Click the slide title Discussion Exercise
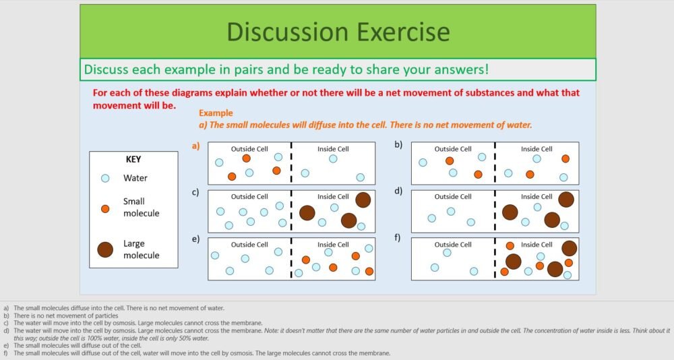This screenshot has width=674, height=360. pyautogui.click(x=338, y=32)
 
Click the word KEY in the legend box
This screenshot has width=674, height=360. pyautogui.click(x=133, y=160)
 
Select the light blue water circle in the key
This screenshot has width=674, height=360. pyautogui.click(x=105, y=179)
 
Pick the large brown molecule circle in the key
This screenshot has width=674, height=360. pyautogui.click(x=105, y=249)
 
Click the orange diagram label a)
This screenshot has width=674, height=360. pyautogui.click(x=196, y=146)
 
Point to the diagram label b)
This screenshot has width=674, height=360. pyautogui.click(x=398, y=146)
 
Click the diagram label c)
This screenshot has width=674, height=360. pyautogui.click(x=195, y=192)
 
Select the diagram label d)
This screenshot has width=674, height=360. pyautogui.click(x=398, y=191)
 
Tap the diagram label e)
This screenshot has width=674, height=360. pyautogui.click(x=195, y=239)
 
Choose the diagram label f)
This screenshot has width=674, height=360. pyautogui.click(x=398, y=239)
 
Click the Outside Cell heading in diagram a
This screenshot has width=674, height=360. pyautogui.click(x=249, y=149)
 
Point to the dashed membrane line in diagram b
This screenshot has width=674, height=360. pyautogui.click(x=495, y=163)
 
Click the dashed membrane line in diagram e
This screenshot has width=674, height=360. pyautogui.click(x=291, y=259)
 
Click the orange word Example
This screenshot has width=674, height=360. pyautogui.click(x=215, y=113)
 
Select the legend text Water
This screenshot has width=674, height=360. pyautogui.click(x=135, y=179)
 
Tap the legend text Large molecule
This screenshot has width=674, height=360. pyautogui.click(x=141, y=249)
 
